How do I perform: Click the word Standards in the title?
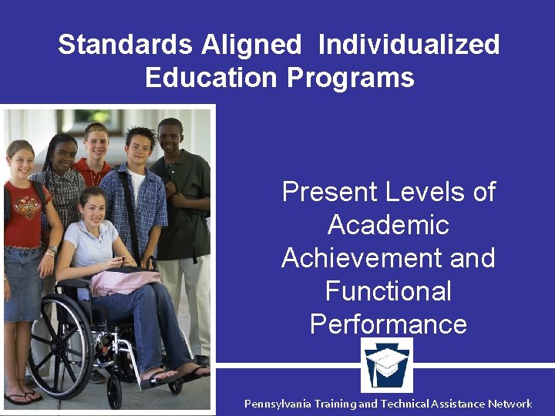(125, 44)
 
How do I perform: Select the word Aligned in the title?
(251, 44)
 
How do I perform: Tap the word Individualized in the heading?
(409, 44)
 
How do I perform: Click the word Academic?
(388, 224)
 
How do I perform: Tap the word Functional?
(388, 290)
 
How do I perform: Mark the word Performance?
(388, 324)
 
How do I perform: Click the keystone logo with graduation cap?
(387, 365)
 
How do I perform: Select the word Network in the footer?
(506, 404)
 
